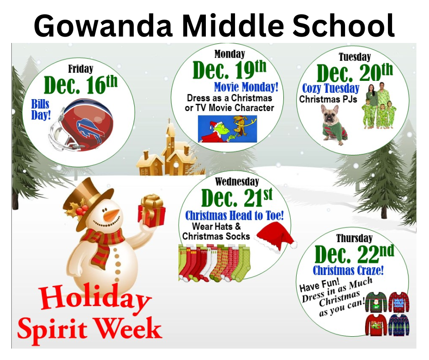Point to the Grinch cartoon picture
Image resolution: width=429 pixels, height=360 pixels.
tap(227, 129)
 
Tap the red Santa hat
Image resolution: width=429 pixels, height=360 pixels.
tap(275, 237)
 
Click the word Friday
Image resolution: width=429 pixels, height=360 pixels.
tap(81, 69)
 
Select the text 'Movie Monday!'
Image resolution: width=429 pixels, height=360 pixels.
tap(246, 87)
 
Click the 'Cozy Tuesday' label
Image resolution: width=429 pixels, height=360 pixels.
tap(330, 89)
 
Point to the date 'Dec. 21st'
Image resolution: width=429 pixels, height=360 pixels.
tap(237, 197)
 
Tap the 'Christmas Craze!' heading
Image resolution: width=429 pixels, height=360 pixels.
tap(348, 270)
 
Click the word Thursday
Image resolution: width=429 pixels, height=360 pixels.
tap(354, 238)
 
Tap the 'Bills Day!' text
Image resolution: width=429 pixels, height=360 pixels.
tap(41, 109)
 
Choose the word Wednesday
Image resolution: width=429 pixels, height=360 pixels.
tap(237, 181)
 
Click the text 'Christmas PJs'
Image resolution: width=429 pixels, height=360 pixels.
tap(328, 99)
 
